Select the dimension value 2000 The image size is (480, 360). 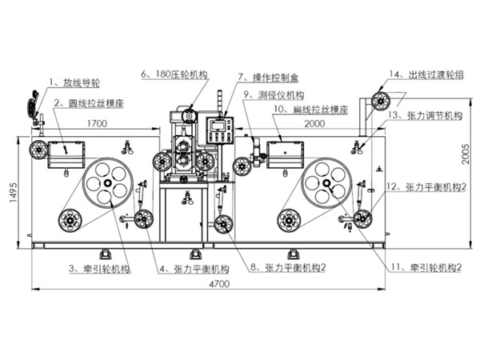pyautogui.click(x=314, y=125)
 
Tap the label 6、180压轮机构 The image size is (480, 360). pyautogui.click(x=174, y=74)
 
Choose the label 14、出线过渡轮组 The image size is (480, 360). pyautogui.click(x=426, y=74)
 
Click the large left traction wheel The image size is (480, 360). pyautogui.click(x=107, y=184)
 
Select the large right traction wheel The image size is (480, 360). pyautogui.click(x=327, y=183)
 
